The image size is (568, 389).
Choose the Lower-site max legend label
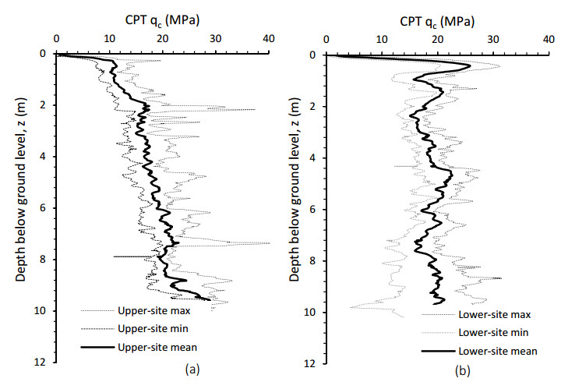(x=495, y=315)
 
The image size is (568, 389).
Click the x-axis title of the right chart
(x=436, y=14)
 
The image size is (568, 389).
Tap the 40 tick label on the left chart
(x=268, y=37)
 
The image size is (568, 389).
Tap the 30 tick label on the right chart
(x=492, y=37)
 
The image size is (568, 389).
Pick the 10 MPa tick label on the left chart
(x=109, y=37)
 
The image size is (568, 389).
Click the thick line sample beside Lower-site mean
(x=439, y=351)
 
